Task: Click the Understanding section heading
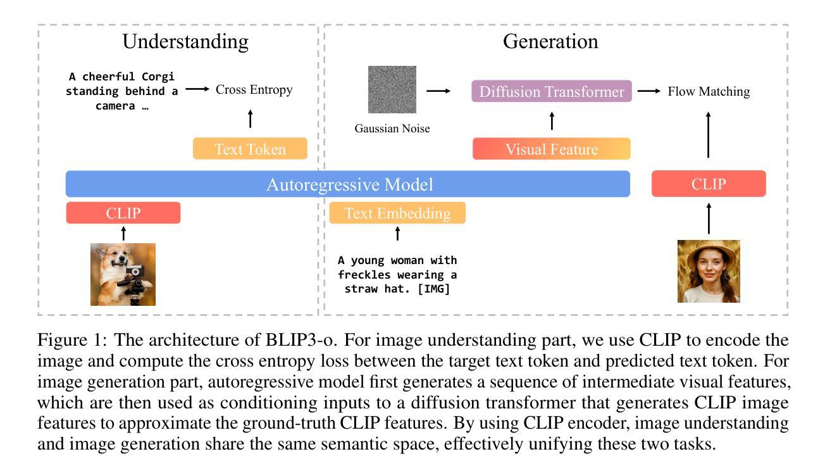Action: [x=185, y=42]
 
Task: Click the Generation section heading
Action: [x=550, y=41]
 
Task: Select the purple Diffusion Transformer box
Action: [x=552, y=91]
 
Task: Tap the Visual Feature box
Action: [x=552, y=149]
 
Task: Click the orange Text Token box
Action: [x=250, y=149]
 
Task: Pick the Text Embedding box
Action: [x=397, y=213]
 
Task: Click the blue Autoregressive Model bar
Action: [x=348, y=184]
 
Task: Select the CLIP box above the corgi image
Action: [x=123, y=213]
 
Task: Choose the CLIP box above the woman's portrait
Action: [x=709, y=184]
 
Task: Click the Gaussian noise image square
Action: [x=392, y=89]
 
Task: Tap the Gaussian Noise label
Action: [x=392, y=129]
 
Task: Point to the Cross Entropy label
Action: [x=254, y=89]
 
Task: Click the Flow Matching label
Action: [x=709, y=91]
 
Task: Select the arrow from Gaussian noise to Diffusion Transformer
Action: [x=438, y=91]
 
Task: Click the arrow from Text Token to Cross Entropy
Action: [x=251, y=118]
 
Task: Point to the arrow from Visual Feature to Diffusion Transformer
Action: [x=552, y=121]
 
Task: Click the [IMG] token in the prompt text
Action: [x=433, y=289]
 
